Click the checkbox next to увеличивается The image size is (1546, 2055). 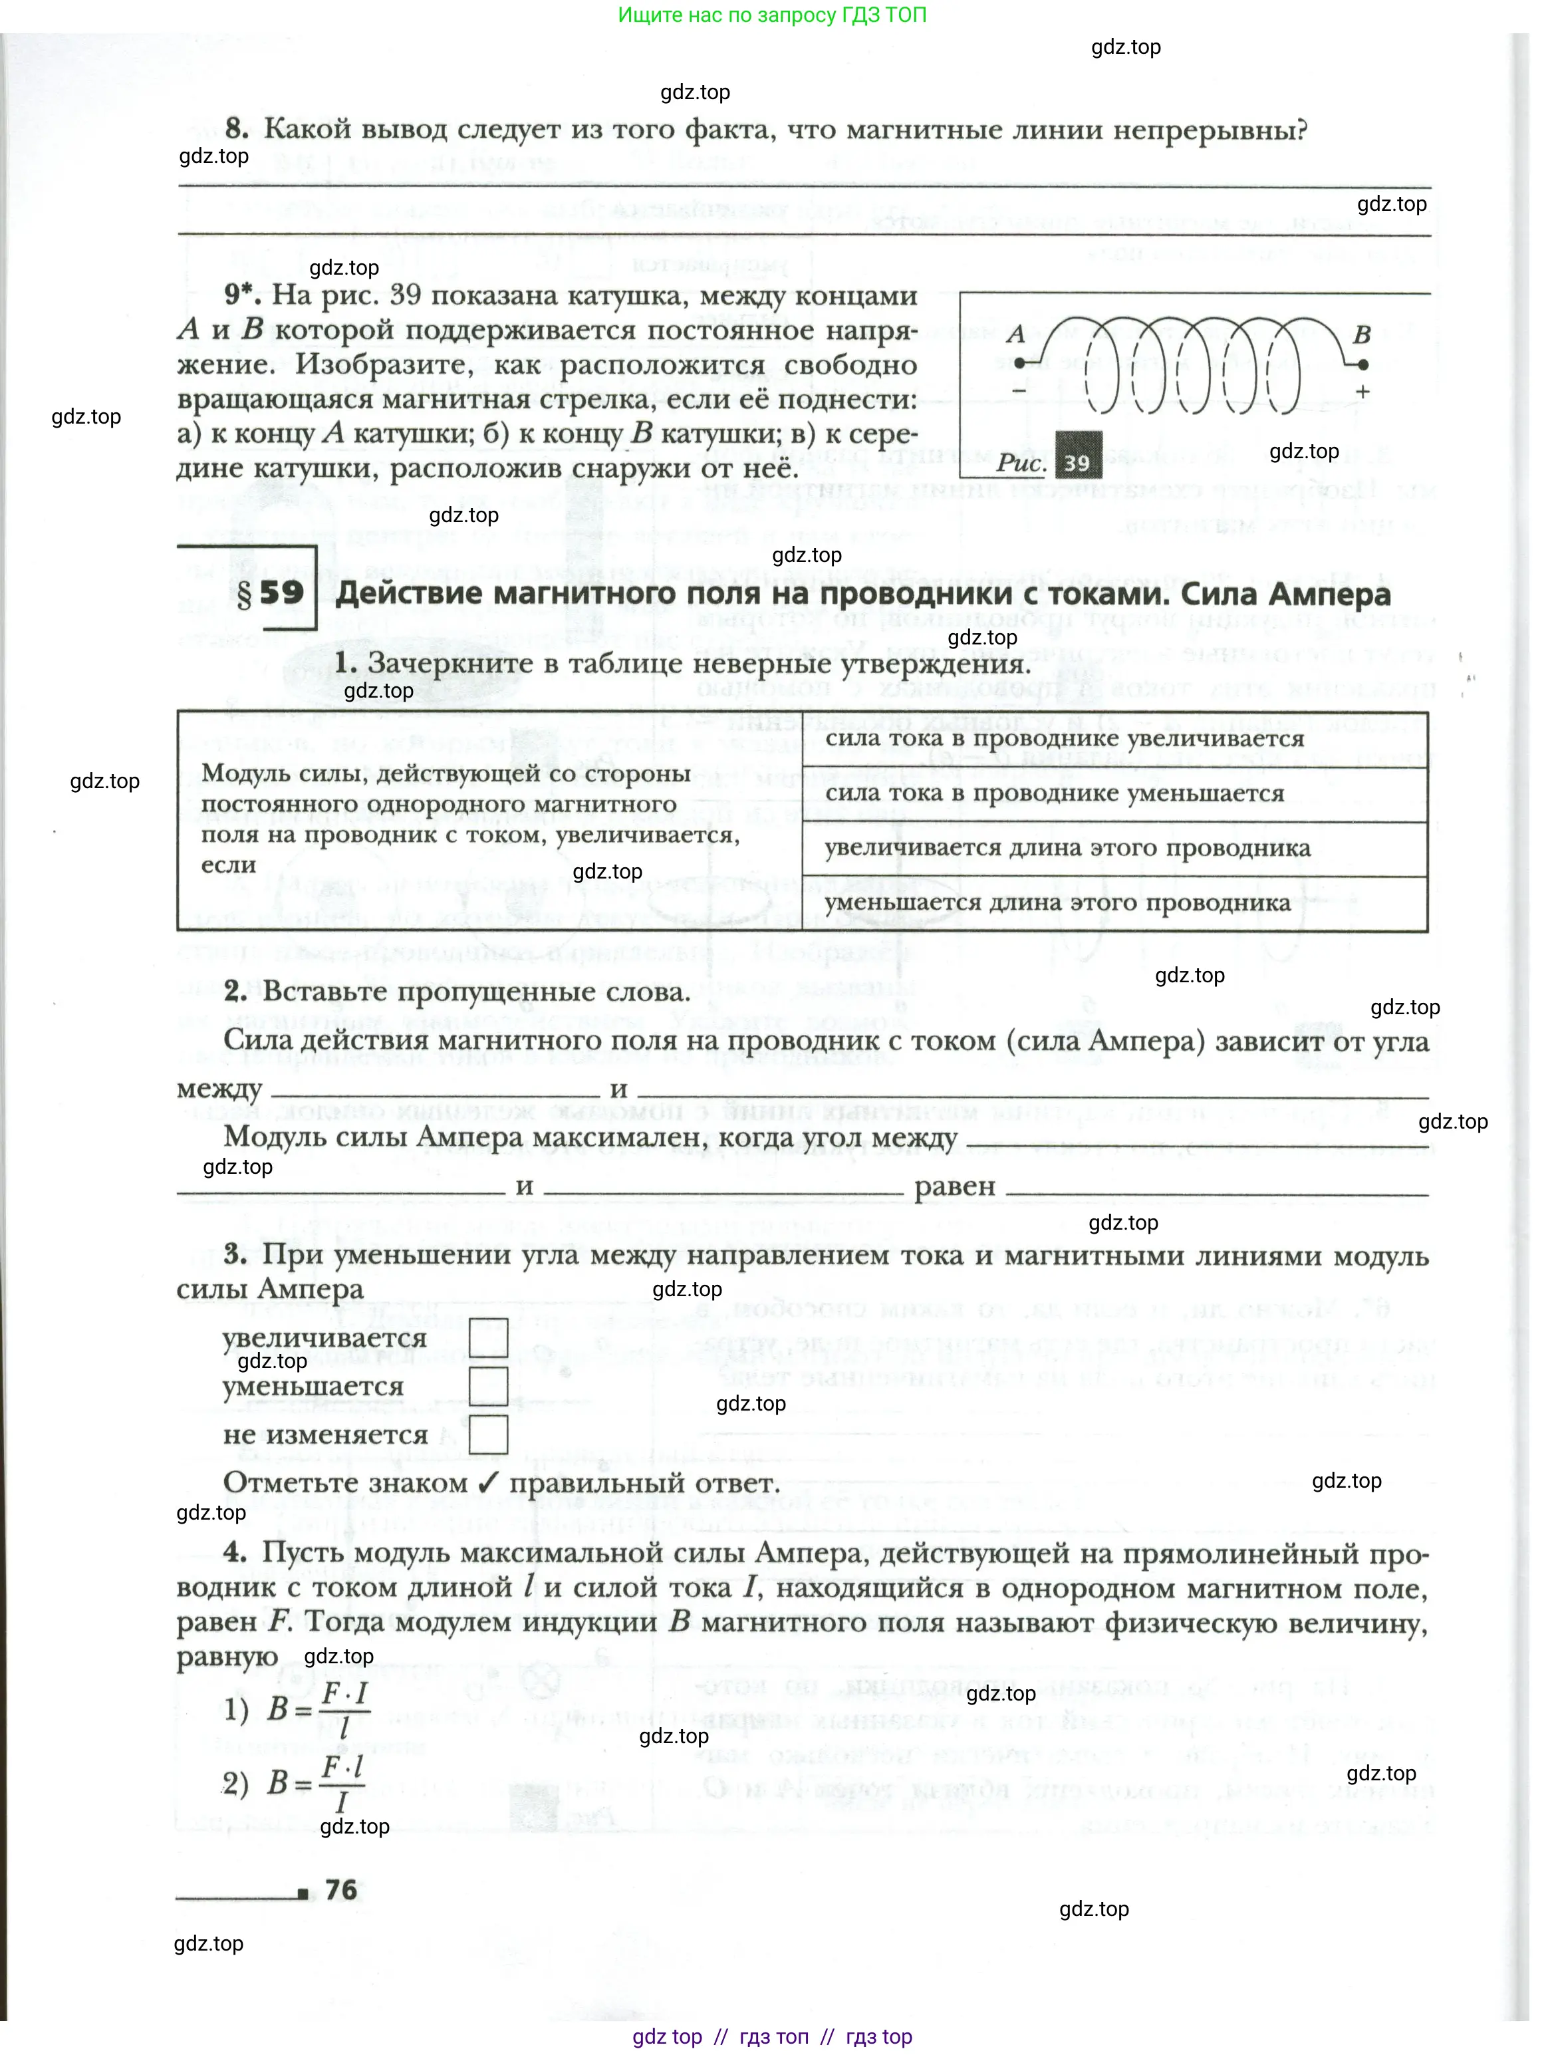[488, 1338]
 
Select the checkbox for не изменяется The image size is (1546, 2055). [488, 1435]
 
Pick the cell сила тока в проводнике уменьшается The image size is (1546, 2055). [1055, 793]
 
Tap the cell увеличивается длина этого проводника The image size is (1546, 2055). [1067, 848]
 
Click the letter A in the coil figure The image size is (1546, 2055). [1015, 333]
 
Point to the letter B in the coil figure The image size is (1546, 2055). [1361, 335]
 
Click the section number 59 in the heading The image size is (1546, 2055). [281, 593]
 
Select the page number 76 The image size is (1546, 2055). [341, 1889]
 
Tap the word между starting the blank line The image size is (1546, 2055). [219, 1089]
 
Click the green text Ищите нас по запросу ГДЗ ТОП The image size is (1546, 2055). [772, 15]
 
